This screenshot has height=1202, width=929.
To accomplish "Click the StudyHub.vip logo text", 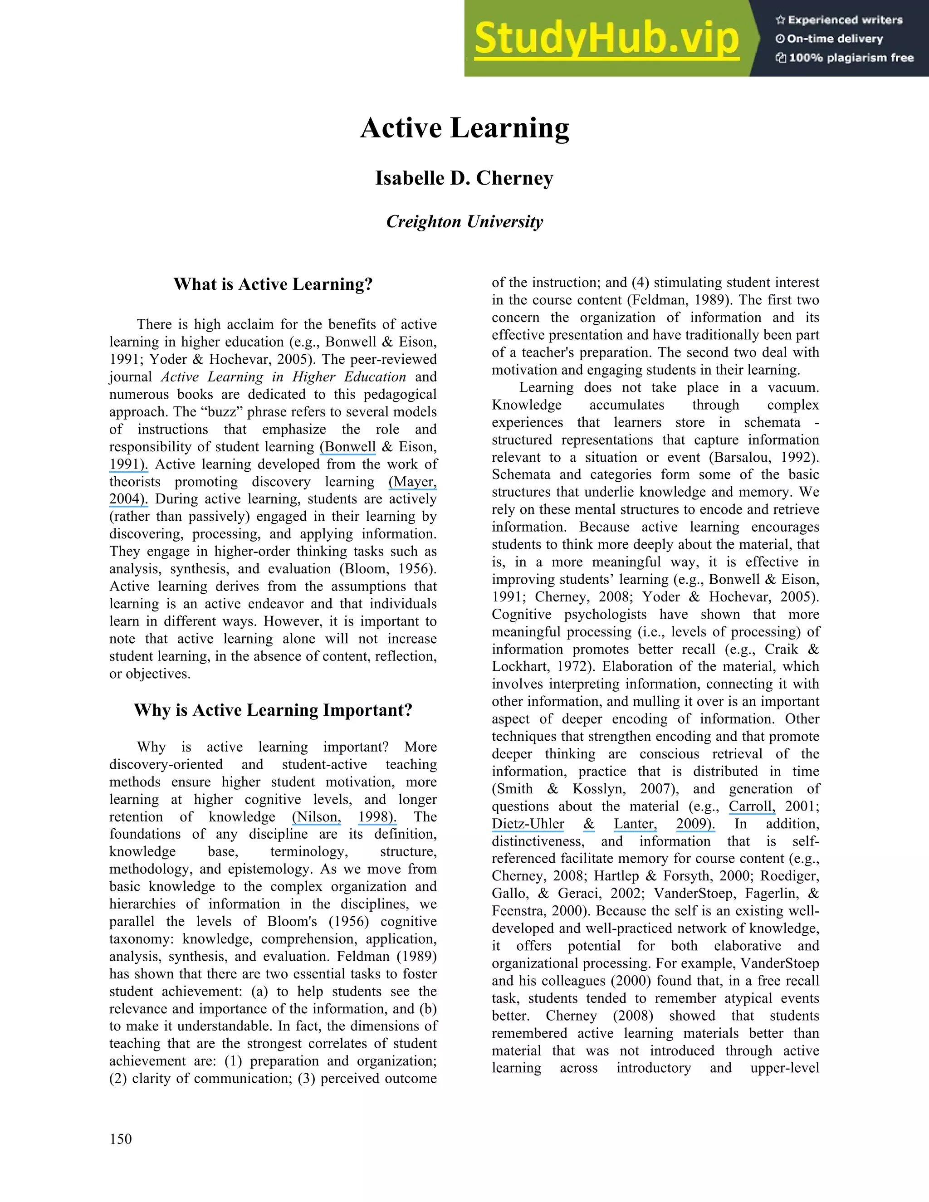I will (x=606, y=39).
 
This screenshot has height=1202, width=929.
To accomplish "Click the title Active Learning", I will (x=464, y=128).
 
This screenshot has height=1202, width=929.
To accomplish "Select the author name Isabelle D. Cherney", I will (x=464, y=178).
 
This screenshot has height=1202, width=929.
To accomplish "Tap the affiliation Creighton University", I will (x=464, y=221).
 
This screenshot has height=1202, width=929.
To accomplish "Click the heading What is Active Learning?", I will (x=273, y=284).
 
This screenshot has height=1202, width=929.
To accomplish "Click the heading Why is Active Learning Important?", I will (x=273, y=710).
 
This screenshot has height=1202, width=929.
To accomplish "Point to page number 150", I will (x=121, y=1138).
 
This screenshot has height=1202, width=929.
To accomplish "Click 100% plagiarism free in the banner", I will (x=851, y=58).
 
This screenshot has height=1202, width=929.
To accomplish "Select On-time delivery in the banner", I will (x=834, y=39).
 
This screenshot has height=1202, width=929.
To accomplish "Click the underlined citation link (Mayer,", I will (x=413, y=482).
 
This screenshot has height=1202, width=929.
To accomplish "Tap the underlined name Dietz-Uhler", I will (x=528, y=824).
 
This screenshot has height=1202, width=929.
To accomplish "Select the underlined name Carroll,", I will (x=752, y=806).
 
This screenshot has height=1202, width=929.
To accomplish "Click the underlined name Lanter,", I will (x=635, y=824).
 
